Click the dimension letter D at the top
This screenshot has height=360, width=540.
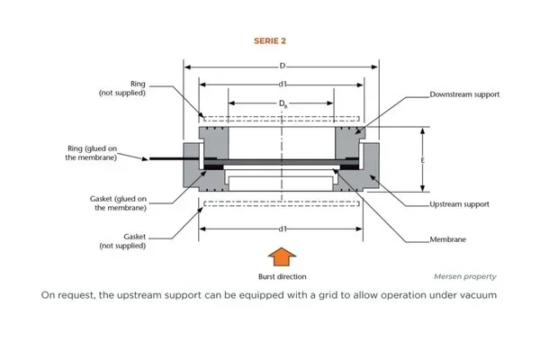tap(283, 66)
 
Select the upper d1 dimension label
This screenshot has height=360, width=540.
tap(283, 85)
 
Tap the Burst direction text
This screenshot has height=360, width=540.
tap(281, 276)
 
